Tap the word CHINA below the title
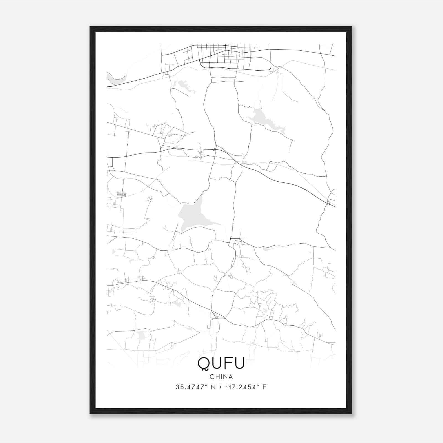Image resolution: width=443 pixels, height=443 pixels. [221, 377]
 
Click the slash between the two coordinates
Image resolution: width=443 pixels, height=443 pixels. [220, 387]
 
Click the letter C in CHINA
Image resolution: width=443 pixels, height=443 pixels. [212, 377]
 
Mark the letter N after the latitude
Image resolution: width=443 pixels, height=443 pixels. [213, 387]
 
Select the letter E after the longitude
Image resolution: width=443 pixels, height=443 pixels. [265, 387]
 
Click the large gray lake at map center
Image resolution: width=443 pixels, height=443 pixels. [191, 215]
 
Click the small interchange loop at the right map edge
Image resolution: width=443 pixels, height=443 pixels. [328, 204]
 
